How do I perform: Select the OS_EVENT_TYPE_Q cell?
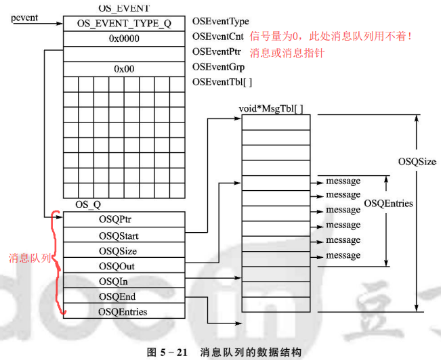pos(124,24)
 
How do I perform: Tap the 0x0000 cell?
pos(124,39)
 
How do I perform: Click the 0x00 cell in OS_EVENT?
pos(124,68)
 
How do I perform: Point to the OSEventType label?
pos(221,22)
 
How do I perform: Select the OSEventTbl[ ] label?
pos(222,82)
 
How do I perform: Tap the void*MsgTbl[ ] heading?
pos(271,108)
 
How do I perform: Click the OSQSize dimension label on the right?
pos(417,162)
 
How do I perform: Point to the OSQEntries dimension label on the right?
pos(389,203)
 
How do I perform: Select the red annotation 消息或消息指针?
pos(287,52)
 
